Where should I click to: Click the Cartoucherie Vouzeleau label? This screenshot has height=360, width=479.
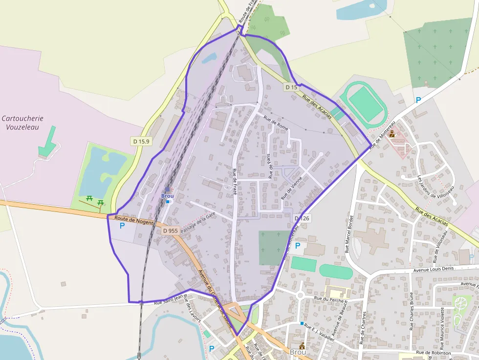coord(22,123)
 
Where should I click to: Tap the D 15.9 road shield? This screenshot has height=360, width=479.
coord(141,141)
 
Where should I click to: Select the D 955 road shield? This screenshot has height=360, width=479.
coord(170,231)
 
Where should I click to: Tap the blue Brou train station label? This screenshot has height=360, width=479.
coord(167,196)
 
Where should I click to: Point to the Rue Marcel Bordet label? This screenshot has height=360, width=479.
coord(348,233)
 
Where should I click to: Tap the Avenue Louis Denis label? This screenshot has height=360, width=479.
coord(434,269)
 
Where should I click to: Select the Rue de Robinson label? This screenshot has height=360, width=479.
coord(433,352)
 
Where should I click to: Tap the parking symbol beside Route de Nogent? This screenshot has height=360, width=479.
coord(122,226)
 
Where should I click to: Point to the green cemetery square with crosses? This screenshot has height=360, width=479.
coord(274,247)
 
